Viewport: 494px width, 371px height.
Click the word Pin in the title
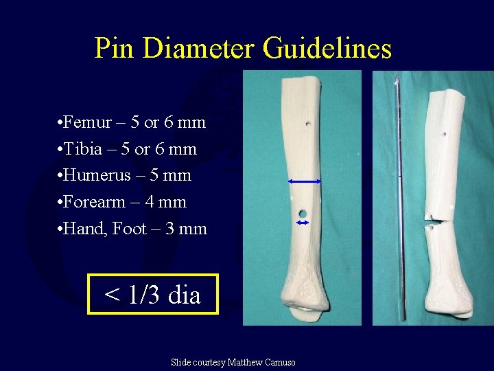coord(115,48)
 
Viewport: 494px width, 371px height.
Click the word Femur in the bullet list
coord(87,122)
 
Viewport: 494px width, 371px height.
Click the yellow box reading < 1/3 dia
coord(152,294)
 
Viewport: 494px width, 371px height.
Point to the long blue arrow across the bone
coord(305,181)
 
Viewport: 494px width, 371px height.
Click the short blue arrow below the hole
coord(302,223)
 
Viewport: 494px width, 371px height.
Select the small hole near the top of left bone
coord(307,124)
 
